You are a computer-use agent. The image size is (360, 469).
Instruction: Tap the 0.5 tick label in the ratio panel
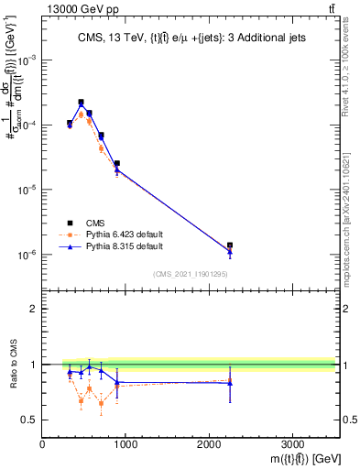point(28,420)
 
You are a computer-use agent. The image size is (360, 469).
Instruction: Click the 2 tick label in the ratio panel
point(33,309)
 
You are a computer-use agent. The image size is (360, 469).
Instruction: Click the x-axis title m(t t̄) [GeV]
point(292,457)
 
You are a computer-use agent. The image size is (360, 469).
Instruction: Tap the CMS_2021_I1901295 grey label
point(189,274)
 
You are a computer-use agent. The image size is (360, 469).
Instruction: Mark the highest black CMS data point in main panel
point(81,103)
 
